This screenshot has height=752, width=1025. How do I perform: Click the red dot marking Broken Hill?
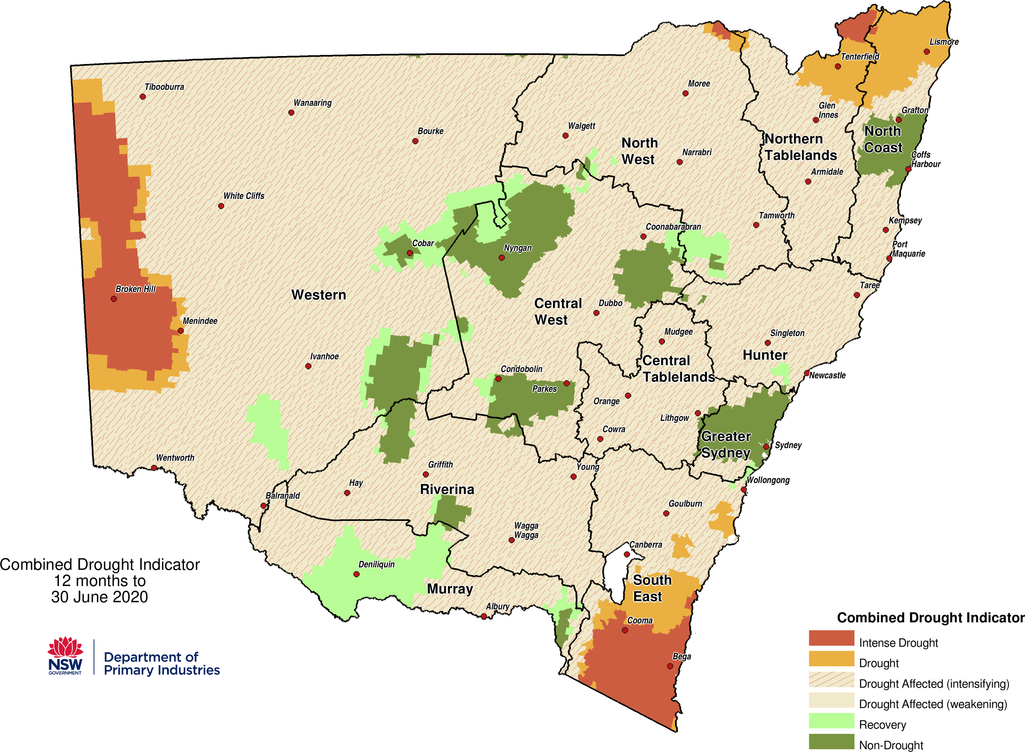[114, 299]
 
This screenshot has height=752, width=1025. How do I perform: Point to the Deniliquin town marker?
[356, 574]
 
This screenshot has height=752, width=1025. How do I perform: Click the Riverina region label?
[447, 489]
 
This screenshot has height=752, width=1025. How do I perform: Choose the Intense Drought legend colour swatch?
[831, 638]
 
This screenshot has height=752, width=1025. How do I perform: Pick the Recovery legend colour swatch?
[831, 721]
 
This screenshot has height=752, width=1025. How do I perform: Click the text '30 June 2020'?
[99, 597]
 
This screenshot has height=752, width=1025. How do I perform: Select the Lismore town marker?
[926, 52]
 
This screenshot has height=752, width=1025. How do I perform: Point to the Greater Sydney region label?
[726, 444]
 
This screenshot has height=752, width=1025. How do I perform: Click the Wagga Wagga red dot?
[511, 540]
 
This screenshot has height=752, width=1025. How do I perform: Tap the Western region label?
[319, 295]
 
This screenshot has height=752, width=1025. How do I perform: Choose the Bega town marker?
[670, 666]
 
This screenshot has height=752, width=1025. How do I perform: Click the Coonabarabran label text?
[673, 227]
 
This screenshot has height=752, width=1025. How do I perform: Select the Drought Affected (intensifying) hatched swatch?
[831, 679]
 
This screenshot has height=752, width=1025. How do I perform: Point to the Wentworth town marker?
[154, 468]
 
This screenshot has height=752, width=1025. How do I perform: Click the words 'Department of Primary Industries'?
[161, 663]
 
